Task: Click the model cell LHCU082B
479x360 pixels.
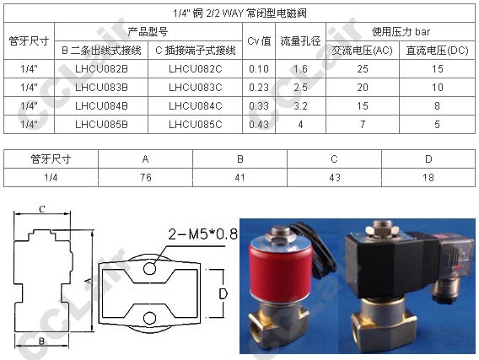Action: tap(101, 68)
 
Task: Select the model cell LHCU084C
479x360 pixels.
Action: tap(196, 106)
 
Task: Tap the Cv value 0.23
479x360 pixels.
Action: tap(259, 88)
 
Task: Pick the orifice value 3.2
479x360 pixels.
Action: tap(300, 106)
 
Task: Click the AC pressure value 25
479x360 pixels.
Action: tap(363, 68)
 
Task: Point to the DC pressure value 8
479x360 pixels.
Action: tap(437, 106)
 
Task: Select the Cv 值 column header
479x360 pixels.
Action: tap(259, 41)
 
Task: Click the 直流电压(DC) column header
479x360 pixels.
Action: tap(437, 51)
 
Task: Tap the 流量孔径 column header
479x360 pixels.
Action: tap(300, 41)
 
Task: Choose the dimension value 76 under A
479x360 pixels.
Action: tap(146, 177)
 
